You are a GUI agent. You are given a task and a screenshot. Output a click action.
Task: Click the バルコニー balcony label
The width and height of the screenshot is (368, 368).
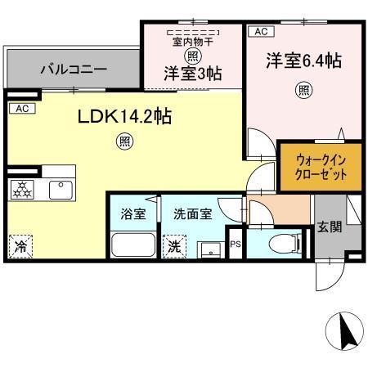[74, 70]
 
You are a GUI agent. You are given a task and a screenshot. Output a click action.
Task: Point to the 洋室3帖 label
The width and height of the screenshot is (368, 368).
[192, 72]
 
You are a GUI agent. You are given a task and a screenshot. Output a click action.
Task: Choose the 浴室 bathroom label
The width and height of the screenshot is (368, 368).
[133, 214]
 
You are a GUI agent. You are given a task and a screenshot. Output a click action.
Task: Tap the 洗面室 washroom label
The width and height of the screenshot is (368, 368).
[192, 214]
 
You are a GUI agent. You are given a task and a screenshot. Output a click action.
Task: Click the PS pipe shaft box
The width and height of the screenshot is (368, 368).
[236, 244]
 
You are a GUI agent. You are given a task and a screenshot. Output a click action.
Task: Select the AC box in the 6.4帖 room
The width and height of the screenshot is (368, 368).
[260, 32]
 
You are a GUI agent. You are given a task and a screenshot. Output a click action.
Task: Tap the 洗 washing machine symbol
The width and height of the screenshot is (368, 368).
[174, 243]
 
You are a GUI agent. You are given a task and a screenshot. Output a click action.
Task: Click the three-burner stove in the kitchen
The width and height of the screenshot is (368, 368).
[25, 190]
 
